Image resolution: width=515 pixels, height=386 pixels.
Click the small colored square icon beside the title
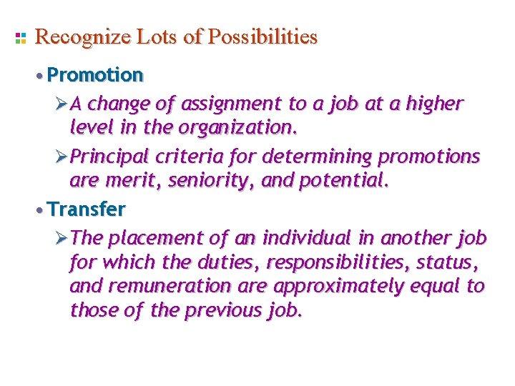pyautogui.click(x=21, y=38)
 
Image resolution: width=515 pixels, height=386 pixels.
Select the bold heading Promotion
pyautogui.click(x=95, y=75)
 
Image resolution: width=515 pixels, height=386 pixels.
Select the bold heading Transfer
pyautogui.click(x=87, y=209)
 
